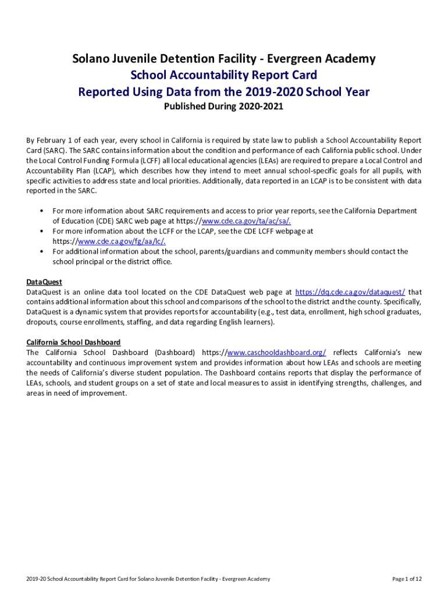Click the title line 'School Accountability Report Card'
click(x=224, y=75)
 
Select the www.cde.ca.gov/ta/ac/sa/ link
click(x=246, y=221)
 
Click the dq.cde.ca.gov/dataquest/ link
click(x=350, y=292)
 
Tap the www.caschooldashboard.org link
click(x=276, y=353)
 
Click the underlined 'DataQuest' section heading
click(x=44, y=282)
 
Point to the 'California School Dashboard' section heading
click(x=73, y=342)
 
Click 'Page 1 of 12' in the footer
click(x=407, y=579)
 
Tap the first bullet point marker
click(x=42, y=211)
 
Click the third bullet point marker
click(x=42, y=251)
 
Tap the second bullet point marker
click(x=42, y=231)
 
